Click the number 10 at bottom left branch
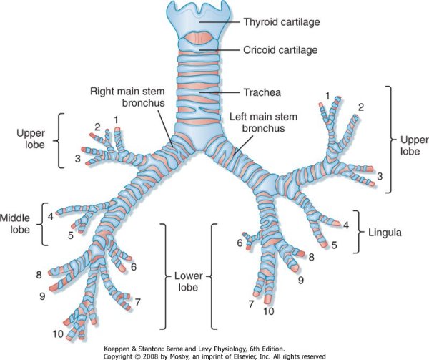tap(57, 334)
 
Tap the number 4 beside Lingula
tap(345, 225)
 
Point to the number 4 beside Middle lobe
tap(50, 215)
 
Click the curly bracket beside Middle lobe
tap(44, 222)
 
